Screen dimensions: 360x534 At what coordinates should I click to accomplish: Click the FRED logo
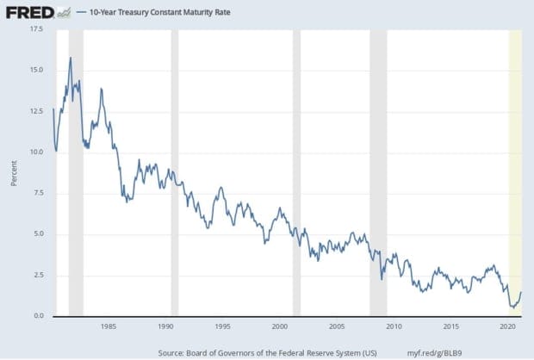coord(28,12)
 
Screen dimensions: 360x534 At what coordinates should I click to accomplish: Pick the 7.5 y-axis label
coord(37,193)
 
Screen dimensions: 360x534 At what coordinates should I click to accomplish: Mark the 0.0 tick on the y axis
coord(37,317)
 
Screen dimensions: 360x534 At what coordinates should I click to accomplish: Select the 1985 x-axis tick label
coord(109,327)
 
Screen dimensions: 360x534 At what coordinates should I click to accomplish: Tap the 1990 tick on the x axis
coord(165,327)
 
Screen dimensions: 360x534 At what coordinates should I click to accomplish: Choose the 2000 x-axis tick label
coord(280,327)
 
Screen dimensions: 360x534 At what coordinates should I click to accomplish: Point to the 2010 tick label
coord(394,327)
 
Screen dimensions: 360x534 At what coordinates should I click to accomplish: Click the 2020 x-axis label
coord(507,327)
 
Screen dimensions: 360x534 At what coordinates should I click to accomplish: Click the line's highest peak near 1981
coord(70,58)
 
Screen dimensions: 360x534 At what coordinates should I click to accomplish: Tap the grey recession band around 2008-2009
coord(377,172)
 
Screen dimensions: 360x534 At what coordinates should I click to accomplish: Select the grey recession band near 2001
coord(296,172)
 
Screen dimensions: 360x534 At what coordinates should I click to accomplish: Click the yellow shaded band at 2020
coord(515,172)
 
